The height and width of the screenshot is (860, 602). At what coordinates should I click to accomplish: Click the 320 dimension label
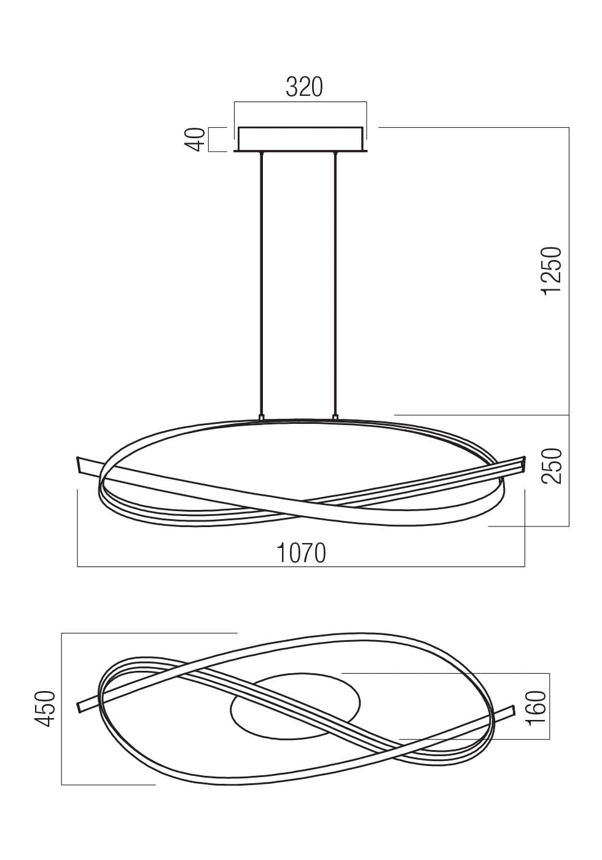[x=304, y=88]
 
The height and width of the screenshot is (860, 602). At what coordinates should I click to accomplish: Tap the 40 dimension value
[x=195, y=139]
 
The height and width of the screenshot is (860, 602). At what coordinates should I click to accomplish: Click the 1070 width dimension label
[x=300, y=553]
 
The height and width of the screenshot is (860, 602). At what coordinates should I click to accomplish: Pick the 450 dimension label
[x=46, y=709]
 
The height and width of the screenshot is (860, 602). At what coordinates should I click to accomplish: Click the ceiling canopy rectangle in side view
[x=300, y=139]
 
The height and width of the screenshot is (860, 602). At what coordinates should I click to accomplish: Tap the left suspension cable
[x=262, y=283]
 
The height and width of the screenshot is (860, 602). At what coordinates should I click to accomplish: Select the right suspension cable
[x=335, y=283]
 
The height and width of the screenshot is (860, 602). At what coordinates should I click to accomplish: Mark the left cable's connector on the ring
[x=262, y=418]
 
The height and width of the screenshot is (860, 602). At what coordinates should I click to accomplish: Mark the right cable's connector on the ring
[x=335, y=418]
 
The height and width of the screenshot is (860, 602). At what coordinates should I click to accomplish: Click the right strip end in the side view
[x=523, y=463]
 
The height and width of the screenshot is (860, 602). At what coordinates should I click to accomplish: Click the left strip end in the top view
[x=79, y=706]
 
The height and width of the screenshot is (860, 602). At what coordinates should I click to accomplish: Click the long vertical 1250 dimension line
[x=569, y=326]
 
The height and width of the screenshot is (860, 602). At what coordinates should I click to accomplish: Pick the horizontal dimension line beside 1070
[x=184, y=566]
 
